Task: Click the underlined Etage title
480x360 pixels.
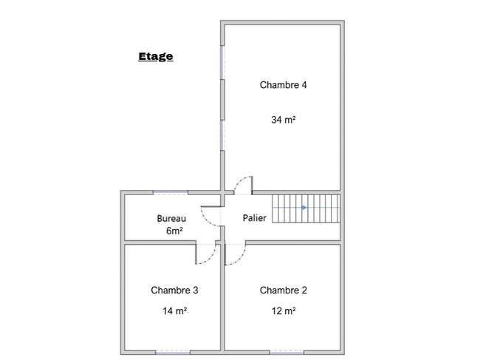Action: click(156, 57)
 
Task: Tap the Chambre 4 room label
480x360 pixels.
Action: click(283, 85)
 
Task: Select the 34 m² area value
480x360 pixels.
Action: click(283, 120)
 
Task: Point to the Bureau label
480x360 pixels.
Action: click(171, 219)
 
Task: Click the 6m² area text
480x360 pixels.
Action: click(174, 231)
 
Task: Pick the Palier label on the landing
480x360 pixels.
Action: click(254, 218)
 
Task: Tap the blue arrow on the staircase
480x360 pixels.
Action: click(304, 208)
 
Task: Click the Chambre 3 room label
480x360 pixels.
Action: click(174, 291)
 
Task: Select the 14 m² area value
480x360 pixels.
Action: click(175, 311)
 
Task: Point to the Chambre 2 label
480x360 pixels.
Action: click(283, 291)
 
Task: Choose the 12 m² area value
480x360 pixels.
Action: click(284, 311)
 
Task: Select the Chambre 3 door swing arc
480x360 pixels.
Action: click(210, 258)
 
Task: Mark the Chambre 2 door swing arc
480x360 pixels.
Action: click(241, 259)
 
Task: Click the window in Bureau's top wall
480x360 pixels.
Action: click(171, 192)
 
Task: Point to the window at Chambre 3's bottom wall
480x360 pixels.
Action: click(173, 353)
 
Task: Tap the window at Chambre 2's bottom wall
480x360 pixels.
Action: click(287, 353)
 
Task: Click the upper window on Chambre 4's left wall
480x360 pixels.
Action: click(222, 63)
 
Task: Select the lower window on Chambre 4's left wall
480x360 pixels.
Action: click(222, 135)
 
